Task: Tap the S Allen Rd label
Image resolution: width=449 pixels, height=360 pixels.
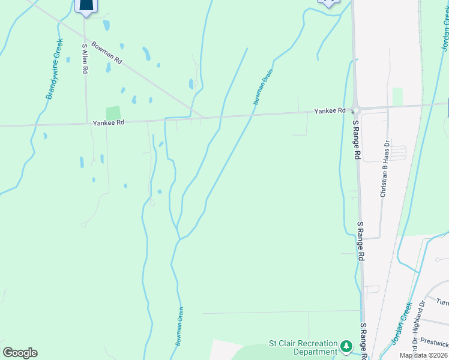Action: tap(85, 58)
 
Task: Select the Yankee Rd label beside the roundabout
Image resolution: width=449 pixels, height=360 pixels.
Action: tap(330, 111)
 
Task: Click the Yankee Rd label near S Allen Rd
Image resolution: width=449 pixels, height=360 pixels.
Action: tap(108, 122)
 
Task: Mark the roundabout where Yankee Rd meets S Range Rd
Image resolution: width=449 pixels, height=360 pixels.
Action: tap(355, 109)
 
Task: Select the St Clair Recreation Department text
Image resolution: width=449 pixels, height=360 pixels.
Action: tap(303, 347)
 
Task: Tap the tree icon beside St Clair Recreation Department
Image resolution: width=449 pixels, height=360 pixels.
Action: tap(346, 346)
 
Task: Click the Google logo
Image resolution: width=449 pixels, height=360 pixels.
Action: tap(20, 353)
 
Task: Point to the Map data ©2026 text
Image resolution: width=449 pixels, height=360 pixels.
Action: tap(424, 355)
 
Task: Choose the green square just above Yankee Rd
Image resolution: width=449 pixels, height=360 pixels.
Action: tap(113, 113)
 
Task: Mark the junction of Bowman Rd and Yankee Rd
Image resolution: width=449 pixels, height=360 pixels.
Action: tap(203, 118)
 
